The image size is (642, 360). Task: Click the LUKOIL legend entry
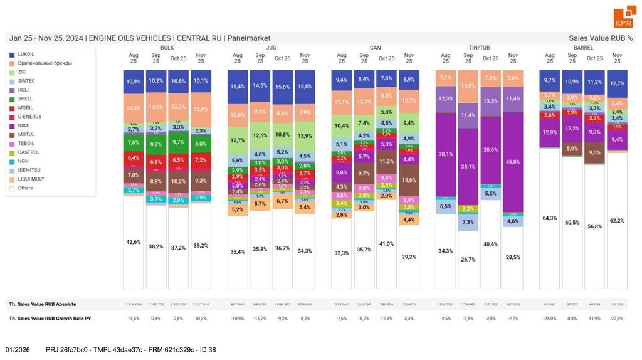click(x=26, y=55)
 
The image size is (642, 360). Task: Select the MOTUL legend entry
click(x=26, y=134)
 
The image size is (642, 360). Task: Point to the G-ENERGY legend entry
click(x=29, y=117)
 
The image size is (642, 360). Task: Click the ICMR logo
click(x=623, y=18)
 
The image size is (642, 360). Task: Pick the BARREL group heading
click(x=583, y=48)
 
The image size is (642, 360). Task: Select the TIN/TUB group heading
click(x=480, y=48)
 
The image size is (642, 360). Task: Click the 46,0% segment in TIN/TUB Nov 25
click(x=513, y=162)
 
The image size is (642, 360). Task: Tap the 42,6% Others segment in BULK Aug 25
click(x=134, y=241)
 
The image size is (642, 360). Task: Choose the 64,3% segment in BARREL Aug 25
click(x=550, y=218)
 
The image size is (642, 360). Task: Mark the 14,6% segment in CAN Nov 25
click(x=409, y=180)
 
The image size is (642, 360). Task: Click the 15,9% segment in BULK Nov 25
click(x=201, y=109)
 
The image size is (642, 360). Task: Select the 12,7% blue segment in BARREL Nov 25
click(x=617, y=83)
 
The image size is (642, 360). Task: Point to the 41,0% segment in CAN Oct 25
click(x=386, y=243)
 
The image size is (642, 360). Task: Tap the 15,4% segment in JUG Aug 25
click(x=238, y=87)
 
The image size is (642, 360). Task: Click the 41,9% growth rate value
click(x=594, y=319)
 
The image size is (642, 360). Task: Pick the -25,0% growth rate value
click(x=550, y=319)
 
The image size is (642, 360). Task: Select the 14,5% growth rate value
click(x=134, y=319)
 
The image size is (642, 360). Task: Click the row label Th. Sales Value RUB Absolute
click(x=43, y=304)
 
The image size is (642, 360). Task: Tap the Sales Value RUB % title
click(x=601, y=38)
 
